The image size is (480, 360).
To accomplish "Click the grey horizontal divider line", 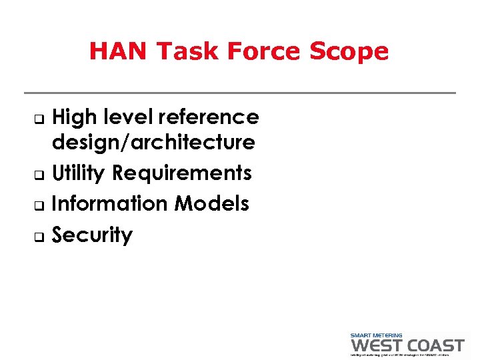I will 240,93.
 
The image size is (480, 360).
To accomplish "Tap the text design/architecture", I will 153,142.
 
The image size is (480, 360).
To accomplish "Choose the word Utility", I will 79,173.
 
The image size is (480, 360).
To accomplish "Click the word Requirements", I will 182,173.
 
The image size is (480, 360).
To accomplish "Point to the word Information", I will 109,203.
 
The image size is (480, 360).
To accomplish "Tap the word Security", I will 92,235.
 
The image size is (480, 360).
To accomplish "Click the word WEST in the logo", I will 378,345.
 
